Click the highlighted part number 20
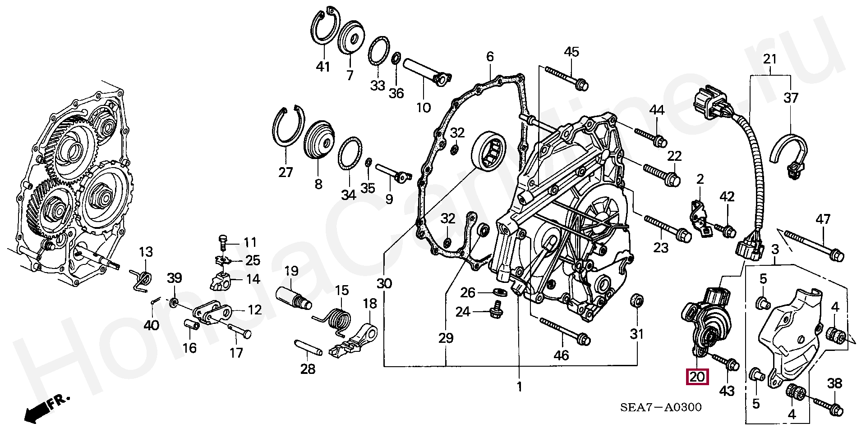tap(697, 377)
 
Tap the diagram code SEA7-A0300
tap(661, 408)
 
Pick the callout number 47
tap(823, 220)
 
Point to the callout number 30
tap(384, 284)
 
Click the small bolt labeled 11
tap(223, 241)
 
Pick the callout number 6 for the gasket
tap(490, 57)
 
